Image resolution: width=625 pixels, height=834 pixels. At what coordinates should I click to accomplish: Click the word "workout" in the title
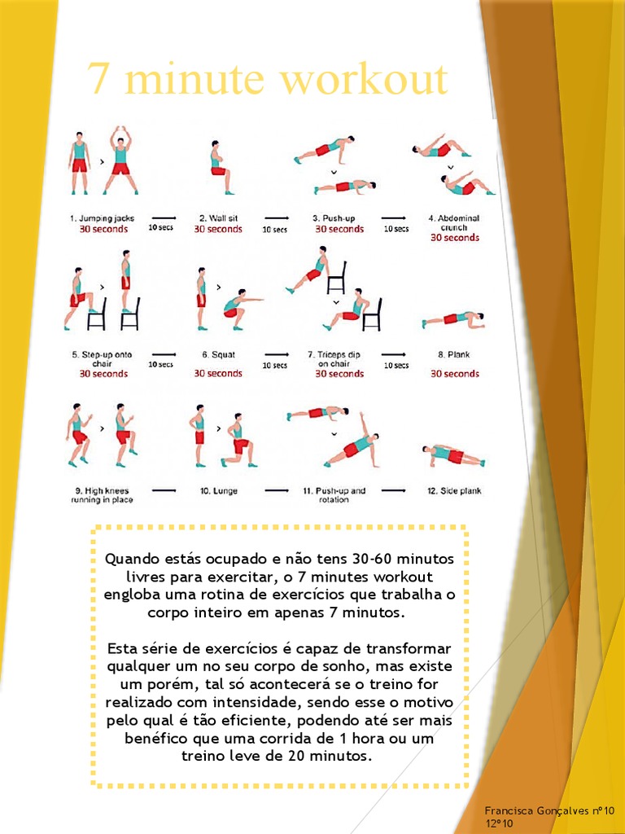tap(363, 80)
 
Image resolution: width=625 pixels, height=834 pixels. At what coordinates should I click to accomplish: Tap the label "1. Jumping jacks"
tap(102, 218)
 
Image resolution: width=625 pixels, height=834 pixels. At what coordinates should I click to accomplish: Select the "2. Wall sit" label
tap(217, 218)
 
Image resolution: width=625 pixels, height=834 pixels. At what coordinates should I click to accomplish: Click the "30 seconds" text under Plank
tap(455, 374)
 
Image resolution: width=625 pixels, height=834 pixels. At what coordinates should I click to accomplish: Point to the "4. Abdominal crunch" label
tap(454, 222)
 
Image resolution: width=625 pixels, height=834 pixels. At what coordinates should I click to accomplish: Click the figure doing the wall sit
tap(219, 168)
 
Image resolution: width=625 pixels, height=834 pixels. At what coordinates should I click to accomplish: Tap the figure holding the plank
tap(452, 319)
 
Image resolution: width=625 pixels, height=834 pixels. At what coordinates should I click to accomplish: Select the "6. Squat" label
tap(217, 355)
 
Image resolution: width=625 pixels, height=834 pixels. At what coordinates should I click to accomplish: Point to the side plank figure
tap(453, 455)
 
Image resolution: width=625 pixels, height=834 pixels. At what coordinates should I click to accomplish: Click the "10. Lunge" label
tap(218, 491)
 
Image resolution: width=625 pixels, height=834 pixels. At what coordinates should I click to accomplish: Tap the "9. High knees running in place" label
tap(102, 495)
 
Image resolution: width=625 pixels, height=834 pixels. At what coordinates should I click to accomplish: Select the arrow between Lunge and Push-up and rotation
tap(276, 491)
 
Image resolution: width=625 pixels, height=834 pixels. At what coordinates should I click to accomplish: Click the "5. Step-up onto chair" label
tap(102, 359)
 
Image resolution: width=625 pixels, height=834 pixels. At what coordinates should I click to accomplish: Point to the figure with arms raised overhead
tap(120, 160)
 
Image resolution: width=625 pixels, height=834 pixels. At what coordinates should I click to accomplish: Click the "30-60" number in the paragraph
tap(373, 560)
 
